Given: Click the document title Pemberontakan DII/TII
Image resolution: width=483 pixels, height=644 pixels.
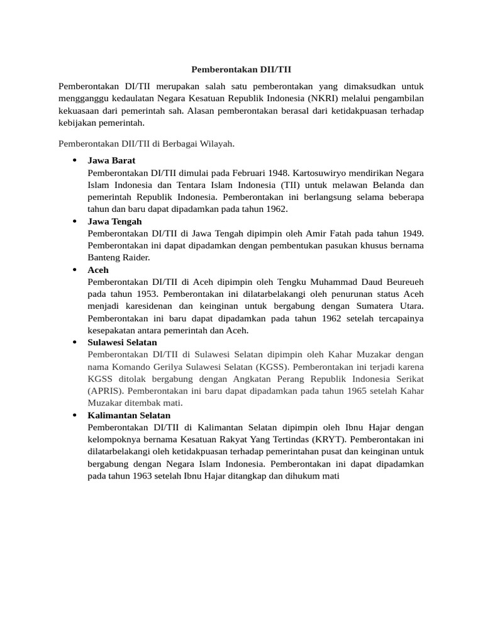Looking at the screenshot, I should [x=241, y=69].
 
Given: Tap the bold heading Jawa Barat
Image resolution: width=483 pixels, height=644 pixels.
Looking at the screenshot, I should [x=111, y=160].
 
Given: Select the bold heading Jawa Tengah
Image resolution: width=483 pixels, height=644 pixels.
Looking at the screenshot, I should [x=114, y=221].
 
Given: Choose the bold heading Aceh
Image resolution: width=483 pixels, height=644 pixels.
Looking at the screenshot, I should [x=98, y=270].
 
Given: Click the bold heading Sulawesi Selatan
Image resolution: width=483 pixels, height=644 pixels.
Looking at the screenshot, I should [x=123, y=343].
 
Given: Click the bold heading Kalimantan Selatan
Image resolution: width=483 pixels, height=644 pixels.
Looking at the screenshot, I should [x=129, y=416].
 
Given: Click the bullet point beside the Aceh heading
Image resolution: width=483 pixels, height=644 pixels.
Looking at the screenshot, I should [x=75, y=270].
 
